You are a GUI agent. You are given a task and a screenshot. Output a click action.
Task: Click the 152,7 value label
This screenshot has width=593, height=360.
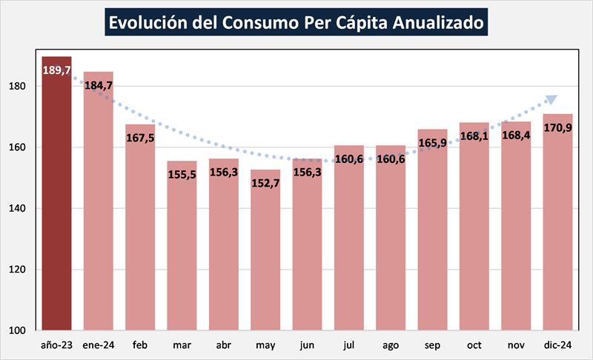coord(265,182)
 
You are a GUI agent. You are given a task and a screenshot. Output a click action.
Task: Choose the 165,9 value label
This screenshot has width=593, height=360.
coord(432,142)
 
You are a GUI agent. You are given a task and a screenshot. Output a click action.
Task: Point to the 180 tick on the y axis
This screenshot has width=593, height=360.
coord(19,86)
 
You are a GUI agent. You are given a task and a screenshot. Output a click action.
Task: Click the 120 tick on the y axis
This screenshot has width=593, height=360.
coord(19,270)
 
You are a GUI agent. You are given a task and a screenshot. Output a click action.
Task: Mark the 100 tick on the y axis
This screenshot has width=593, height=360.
coord(19,330)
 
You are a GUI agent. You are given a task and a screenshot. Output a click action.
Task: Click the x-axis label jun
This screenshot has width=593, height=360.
coord(307,344)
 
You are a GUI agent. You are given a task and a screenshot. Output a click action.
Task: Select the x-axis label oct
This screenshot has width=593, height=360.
coord(474,344)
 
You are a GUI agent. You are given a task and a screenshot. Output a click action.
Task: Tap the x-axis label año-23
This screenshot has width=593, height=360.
coord(57,344)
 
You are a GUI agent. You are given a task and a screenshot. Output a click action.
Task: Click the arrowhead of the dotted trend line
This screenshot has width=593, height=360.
coord(551,99)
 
